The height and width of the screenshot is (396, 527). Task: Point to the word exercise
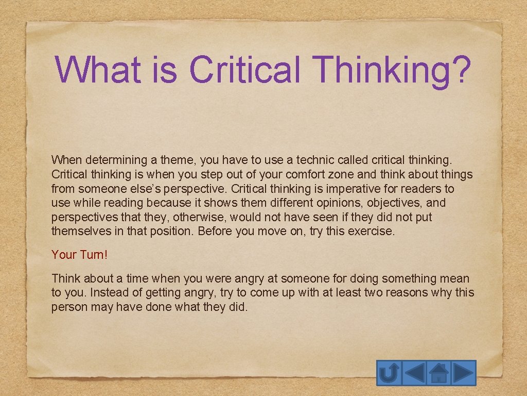tap(370, 232)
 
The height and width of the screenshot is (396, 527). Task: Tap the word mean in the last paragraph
tap(454, 278)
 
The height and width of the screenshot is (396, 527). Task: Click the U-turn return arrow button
tap(389, 373)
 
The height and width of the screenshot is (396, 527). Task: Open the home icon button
tap(438, 373)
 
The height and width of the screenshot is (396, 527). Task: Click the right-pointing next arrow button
tap(464, 373)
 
